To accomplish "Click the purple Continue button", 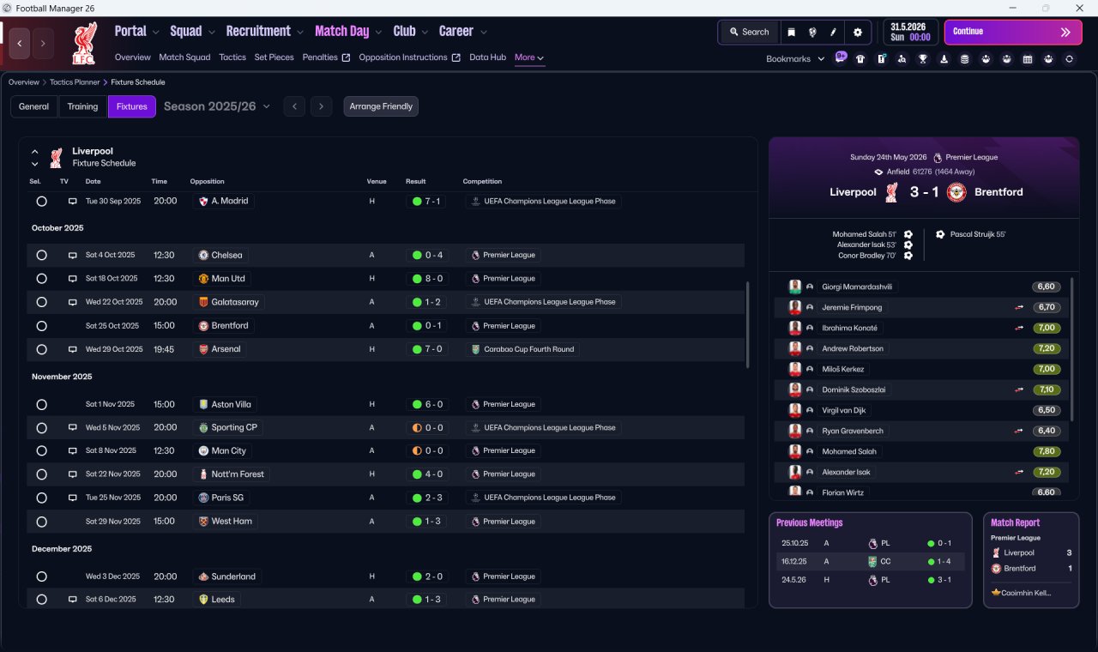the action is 1013,32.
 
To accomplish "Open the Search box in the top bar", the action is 750,32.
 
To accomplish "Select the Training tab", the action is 82,106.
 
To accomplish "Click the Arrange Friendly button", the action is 381,106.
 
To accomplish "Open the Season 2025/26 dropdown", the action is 217,106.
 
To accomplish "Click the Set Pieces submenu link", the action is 274,57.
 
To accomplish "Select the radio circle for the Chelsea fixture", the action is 42,255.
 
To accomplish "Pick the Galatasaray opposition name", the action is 235,302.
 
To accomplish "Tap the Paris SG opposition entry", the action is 227,498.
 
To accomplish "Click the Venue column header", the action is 377,181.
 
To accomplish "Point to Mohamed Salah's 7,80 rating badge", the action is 1046,451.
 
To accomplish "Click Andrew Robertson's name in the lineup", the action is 853,348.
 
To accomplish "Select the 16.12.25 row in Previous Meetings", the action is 870,561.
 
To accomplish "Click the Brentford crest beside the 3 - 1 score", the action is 956,192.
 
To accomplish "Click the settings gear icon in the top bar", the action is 857,33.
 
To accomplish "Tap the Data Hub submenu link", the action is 488,57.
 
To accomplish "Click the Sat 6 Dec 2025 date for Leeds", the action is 111,599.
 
